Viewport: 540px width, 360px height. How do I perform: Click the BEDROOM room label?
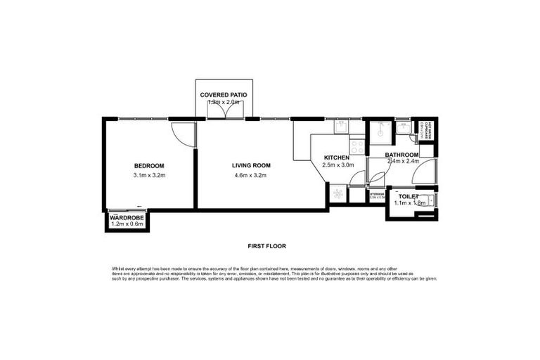(149, 166)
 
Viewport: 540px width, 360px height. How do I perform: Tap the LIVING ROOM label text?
(251, 166)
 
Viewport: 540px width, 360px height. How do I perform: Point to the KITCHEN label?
(337, 157)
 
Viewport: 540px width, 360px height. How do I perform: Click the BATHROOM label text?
(401, 155)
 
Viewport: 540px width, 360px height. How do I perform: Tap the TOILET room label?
(408, 196)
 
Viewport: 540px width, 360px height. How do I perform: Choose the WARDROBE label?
(127, 218)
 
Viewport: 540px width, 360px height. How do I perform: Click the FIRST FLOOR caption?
(266, 246)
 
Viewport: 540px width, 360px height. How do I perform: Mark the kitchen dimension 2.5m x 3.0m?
(337, 165)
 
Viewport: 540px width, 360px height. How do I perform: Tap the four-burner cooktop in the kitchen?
(357, 147)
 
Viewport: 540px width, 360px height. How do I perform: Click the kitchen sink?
(340, 127)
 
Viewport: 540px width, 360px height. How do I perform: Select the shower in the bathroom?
(382, 133)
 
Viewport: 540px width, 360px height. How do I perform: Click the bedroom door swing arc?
(181, 134)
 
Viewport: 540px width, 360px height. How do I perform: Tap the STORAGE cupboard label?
(377, 195)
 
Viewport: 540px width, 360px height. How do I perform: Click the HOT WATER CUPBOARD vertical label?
(427, 131)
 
